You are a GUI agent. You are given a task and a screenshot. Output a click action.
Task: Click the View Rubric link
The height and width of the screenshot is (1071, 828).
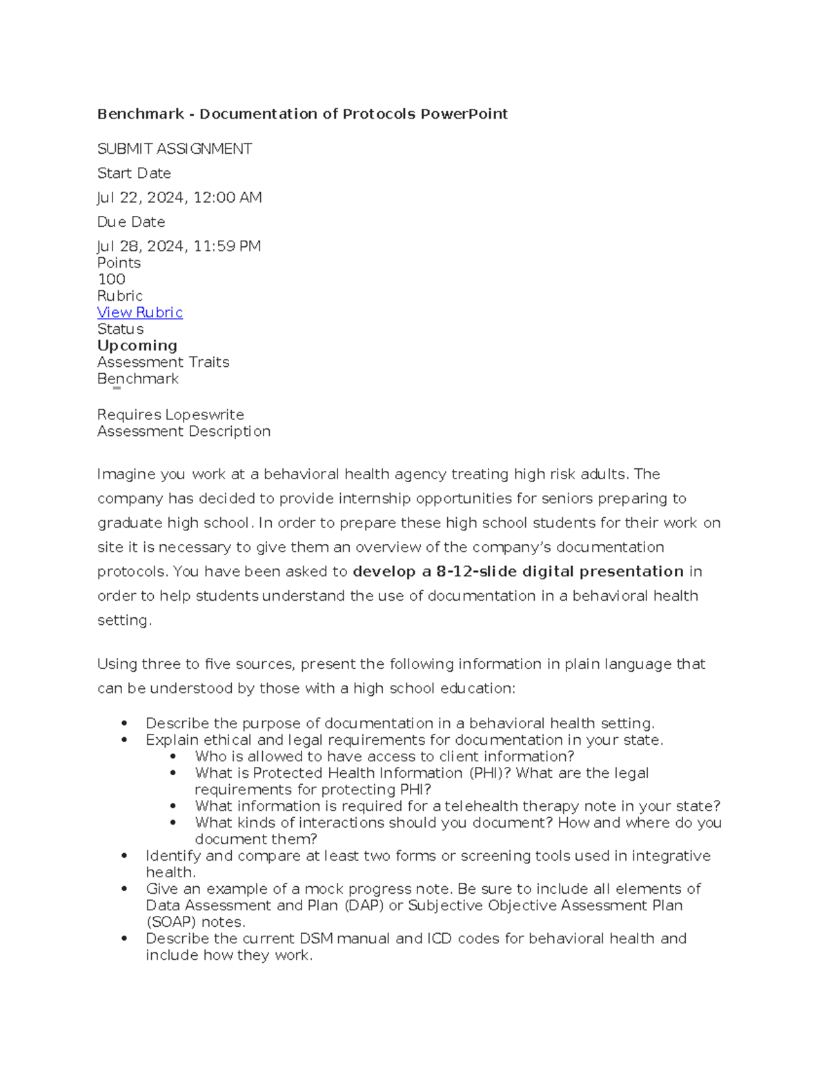139,312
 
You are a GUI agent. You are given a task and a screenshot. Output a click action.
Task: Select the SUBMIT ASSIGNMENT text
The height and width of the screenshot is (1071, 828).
175,149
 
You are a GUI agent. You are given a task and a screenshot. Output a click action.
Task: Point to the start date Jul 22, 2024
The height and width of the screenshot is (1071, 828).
142,198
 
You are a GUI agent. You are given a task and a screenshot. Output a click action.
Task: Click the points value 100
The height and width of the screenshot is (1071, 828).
111,279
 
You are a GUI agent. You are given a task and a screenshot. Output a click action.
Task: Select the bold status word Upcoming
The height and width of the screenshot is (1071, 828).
137,346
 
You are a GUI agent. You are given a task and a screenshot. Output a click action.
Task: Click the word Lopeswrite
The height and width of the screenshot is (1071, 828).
205,414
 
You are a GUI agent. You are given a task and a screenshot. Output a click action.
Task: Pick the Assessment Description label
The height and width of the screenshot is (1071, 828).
184,431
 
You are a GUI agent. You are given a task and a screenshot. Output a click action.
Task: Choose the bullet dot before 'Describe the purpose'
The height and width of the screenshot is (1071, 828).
124,723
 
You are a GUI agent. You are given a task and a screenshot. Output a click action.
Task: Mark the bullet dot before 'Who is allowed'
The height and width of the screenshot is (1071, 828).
174,757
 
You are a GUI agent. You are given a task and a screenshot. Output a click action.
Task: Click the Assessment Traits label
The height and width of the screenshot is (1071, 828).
163,362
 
